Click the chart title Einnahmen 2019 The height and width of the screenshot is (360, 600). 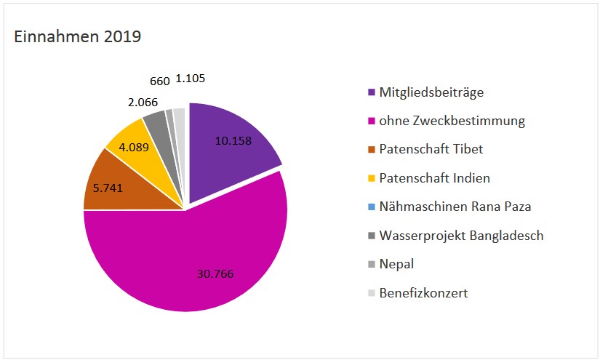tap(78, 36)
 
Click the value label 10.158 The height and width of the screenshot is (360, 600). tap(233, 140)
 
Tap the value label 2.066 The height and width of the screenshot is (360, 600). tap(143, 103)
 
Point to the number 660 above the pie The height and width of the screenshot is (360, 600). tap(160, 80)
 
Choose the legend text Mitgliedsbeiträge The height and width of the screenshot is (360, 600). tap(431, 92)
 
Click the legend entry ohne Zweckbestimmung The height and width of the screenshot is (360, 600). tap(452, 121)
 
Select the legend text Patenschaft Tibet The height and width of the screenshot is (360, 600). tap(431, 149)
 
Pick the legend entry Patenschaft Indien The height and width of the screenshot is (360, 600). tap(434, 177)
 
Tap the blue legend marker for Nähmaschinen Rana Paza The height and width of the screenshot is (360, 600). tap(372, 207)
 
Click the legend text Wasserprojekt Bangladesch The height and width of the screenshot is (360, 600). tap(461, 235)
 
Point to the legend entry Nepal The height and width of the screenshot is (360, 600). tap(396, 263)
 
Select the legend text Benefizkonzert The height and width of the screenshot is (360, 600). tap(423, 292)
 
